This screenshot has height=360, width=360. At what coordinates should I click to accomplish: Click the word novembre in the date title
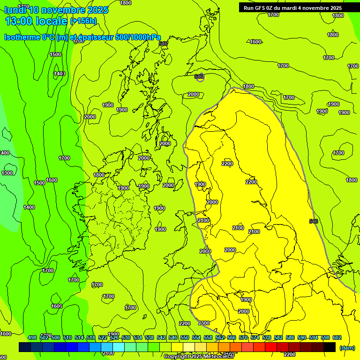[64, 10]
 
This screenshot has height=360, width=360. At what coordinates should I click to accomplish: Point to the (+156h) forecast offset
[83, 21]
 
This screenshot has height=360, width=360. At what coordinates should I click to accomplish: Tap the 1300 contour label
[7, 173]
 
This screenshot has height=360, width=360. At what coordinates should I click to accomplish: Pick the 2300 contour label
[204, 323]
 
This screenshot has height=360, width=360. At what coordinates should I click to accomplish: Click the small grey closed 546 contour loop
[200, 77]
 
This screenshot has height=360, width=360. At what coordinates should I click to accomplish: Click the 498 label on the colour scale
[32, 337]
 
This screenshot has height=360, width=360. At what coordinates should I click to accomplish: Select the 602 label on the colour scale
[337, 337]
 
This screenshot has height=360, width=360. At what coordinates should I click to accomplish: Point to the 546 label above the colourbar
[173, 337]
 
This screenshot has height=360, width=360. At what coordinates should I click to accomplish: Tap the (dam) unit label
[347, 348]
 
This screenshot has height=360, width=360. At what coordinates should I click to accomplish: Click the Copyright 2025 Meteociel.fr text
[199, 356]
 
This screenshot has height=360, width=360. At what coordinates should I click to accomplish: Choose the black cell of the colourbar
[330, 347]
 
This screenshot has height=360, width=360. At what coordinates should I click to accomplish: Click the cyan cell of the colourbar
[119, 347]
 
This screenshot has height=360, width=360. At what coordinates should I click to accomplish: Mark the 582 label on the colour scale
[278, 337]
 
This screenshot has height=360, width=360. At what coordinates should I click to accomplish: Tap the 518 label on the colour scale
[91, 337]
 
